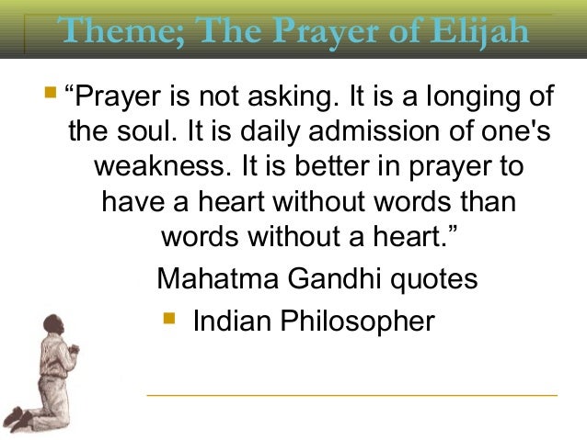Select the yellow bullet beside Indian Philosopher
[167, 320]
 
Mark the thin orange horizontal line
[351, 396]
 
